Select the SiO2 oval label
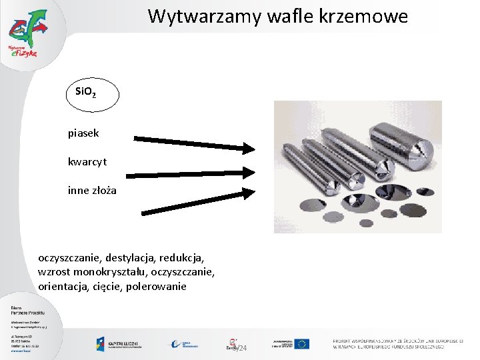93,95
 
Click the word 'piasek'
83,133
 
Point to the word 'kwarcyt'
87,161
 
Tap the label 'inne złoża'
92,191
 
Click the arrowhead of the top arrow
249,147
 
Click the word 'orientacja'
63,287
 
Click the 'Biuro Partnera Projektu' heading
25,311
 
